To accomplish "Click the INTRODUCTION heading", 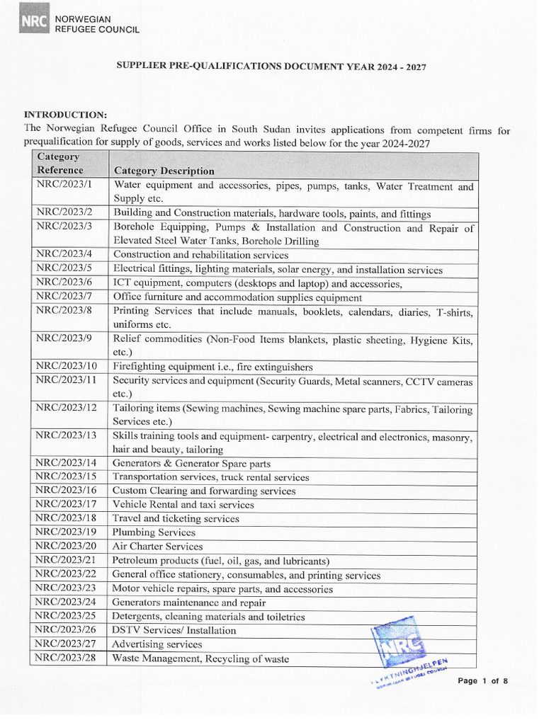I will [66, 114].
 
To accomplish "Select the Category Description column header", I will [164, 171].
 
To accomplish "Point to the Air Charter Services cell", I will [157, 547].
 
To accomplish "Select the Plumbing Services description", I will [154, 532].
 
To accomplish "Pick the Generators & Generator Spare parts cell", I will [191, 464].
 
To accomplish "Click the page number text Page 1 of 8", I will [483, 681].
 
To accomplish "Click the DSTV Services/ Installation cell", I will [174, 630].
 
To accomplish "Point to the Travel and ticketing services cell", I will [176, 519].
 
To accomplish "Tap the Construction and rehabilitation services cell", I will [200, 255].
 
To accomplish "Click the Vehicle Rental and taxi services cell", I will [183, 505].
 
